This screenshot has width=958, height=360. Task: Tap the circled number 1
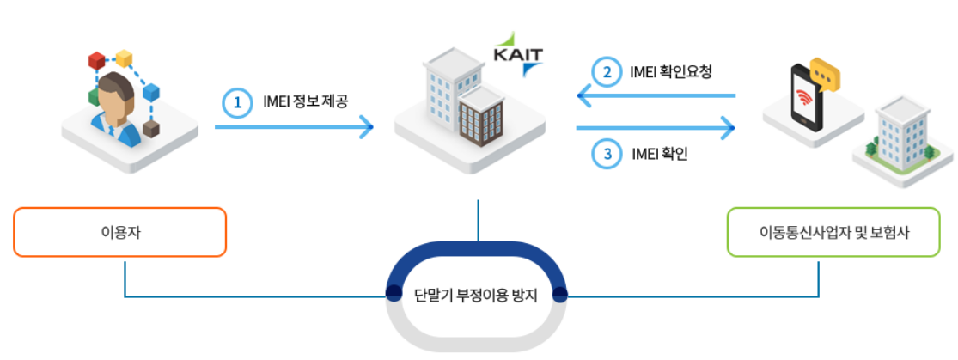click(x=235, y=103)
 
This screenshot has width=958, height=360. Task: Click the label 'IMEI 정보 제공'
click(x=306, y=103)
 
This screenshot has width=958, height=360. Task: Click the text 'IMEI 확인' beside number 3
click(x=659, y=155)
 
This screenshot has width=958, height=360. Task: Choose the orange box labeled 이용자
click(x=120, y=232)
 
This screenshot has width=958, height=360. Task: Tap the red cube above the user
click(x=96, y=60)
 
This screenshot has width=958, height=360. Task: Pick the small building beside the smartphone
click(x=900, y=137)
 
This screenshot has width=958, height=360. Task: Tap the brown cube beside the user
click(x=151, y=130)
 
